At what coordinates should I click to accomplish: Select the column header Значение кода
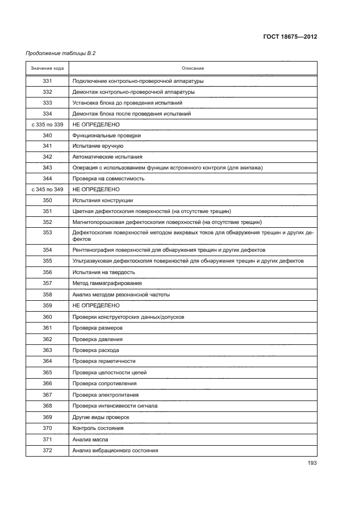[x=47, y=68]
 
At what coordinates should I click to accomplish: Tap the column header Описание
[x=193, y=68]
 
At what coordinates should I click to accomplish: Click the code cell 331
[x=47, y=81]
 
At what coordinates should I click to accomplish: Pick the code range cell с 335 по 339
[x=47, y=124]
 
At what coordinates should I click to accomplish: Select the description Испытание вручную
[x=98, y=146]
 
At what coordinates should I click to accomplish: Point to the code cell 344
[x=47, y=178]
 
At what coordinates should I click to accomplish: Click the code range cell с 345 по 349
[x=47, y=189]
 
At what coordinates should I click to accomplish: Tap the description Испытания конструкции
[x=102, y=200]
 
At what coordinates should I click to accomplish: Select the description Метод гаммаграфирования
[x=107, y=283]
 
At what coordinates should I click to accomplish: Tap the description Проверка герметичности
[x=104, y=361]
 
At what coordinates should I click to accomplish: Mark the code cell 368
[x=47, y=405]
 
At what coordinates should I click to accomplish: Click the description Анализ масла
[x=90, y=439]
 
